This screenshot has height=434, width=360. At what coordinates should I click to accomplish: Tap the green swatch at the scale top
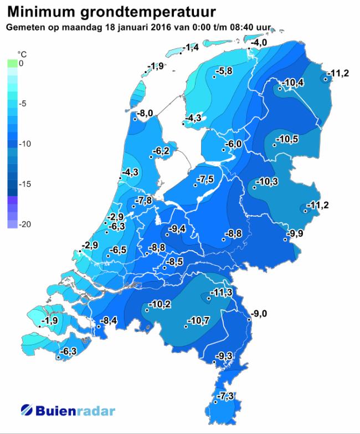coord(13,64)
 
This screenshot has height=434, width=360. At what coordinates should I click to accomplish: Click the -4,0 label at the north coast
coord(260,43)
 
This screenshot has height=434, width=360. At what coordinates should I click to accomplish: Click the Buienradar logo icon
coord(28,411)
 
